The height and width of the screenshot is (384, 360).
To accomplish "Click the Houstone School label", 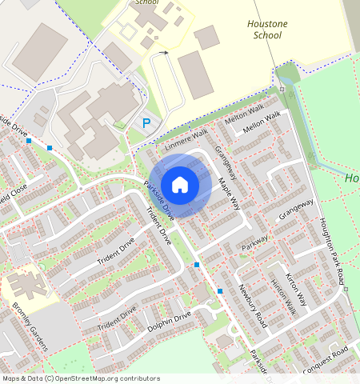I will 267,30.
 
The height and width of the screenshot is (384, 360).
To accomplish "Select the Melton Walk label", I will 244,114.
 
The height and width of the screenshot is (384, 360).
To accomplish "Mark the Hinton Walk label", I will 282,297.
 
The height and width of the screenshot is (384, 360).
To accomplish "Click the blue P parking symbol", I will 146,123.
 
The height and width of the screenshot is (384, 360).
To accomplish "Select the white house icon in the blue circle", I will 181,184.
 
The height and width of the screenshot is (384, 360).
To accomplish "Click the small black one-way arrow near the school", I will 163,53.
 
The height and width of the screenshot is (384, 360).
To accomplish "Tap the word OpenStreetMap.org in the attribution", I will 94,378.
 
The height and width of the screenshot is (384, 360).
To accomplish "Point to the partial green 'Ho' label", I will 352,178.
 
